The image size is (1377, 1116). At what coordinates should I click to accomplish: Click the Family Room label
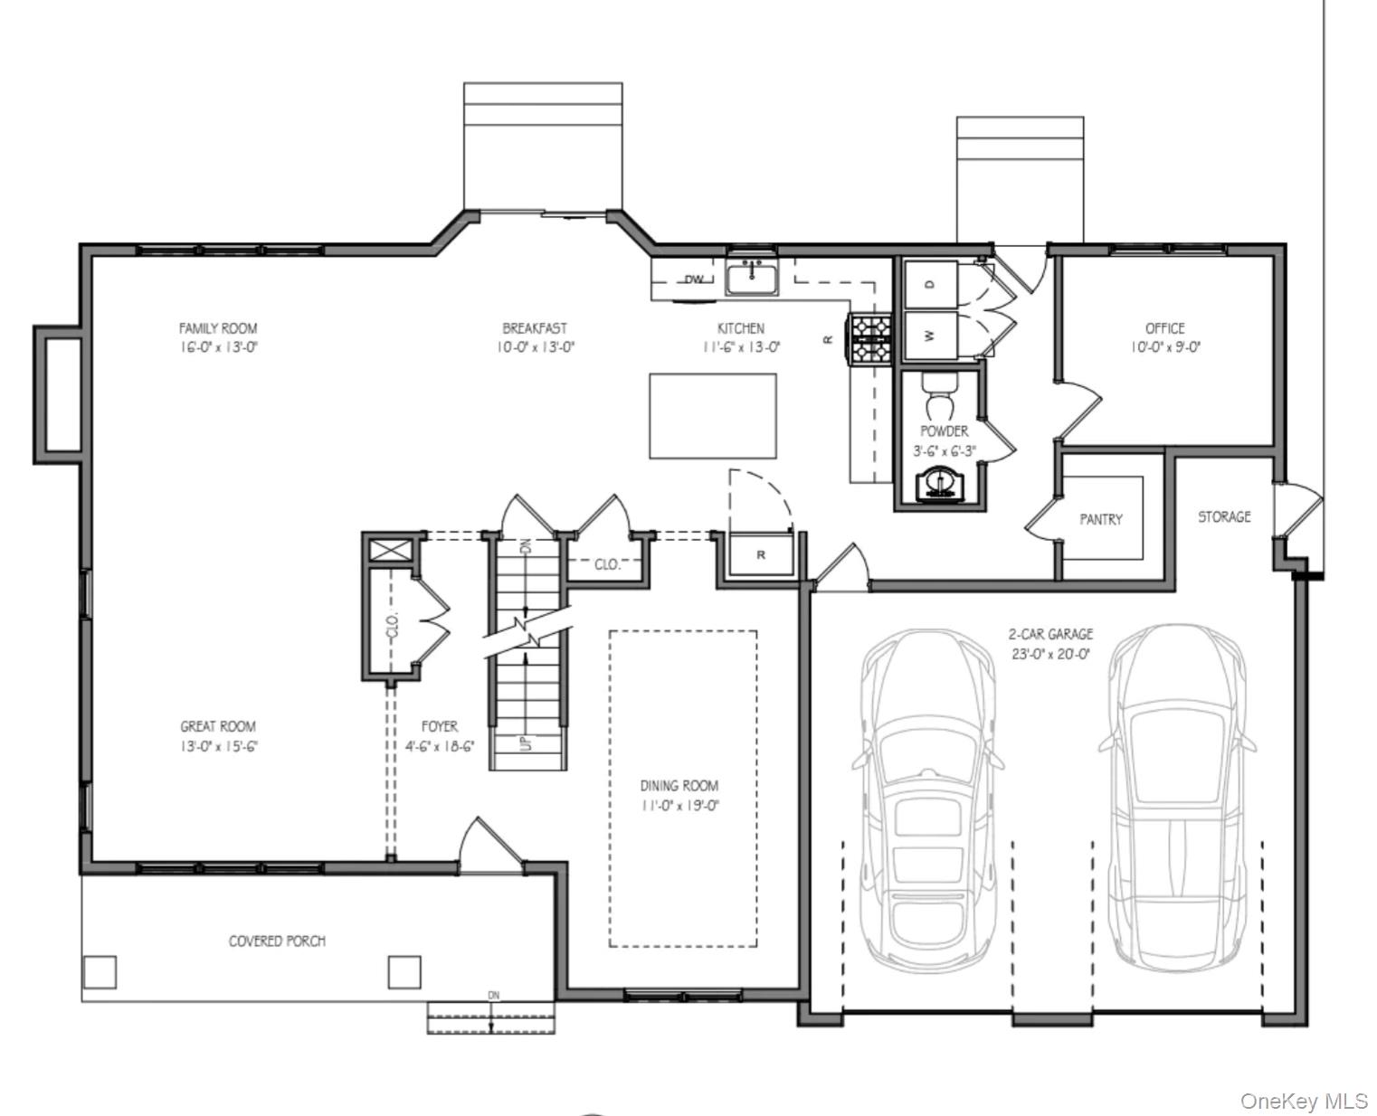point(217,328)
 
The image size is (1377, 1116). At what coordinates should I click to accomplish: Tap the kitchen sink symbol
point(751,278)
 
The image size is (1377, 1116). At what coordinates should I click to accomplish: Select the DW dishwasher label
point(694,279)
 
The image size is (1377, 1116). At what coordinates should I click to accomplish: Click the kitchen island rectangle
point(713,416)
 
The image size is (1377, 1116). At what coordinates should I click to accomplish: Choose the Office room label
point(1164,328)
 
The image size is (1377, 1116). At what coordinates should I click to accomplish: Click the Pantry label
point(1100,519)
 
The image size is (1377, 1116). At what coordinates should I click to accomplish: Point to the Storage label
point(1224,516)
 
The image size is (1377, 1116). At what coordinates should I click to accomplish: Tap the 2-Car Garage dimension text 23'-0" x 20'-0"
point(1050,653)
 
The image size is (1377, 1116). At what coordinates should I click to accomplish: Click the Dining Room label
point(679,786)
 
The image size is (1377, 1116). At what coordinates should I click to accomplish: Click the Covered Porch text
point(277,941)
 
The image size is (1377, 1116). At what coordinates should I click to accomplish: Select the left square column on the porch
point(100,972)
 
